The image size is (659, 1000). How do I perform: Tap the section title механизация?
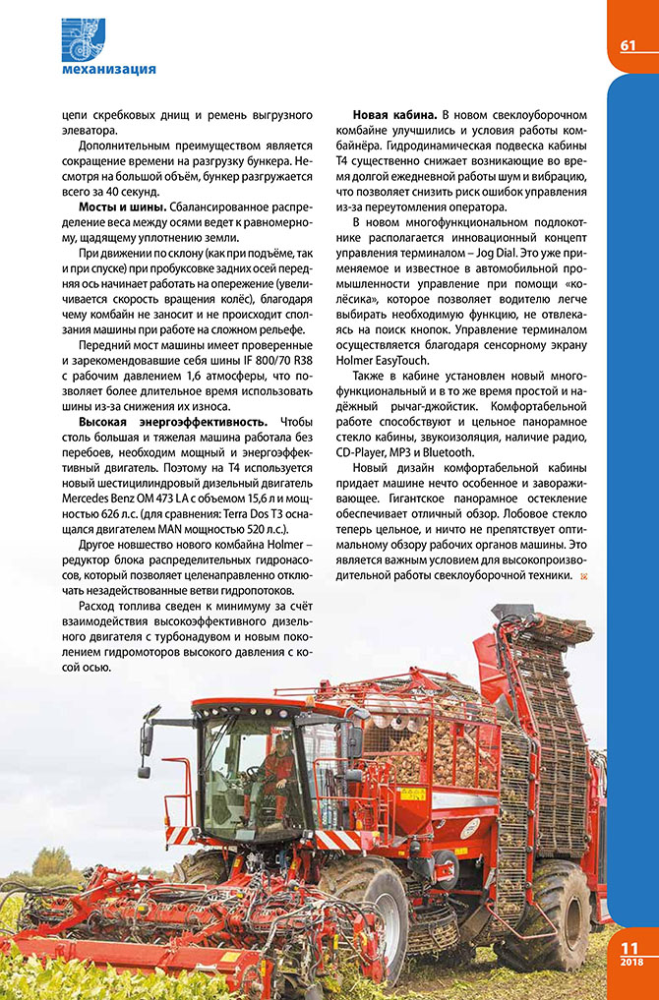tap(108, 69)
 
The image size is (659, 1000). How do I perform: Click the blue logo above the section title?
tap(84, 39)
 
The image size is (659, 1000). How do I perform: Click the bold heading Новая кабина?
tap(395, 116)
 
